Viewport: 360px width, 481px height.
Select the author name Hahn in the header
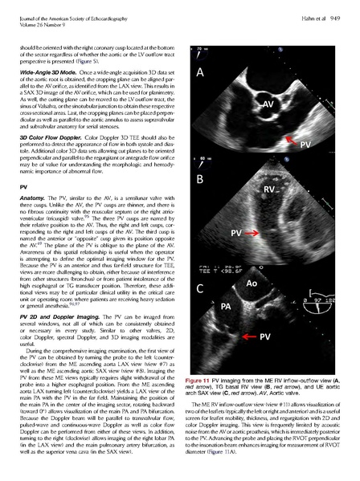click(x=310, y=8)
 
